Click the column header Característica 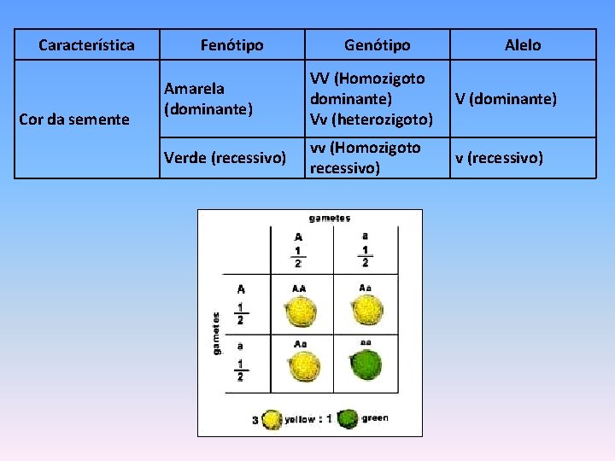87,45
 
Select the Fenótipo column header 231,45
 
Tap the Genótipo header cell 377,45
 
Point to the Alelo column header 523,45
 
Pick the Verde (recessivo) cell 225,158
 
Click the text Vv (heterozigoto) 372,119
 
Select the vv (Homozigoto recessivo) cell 366,158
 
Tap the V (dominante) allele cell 506,99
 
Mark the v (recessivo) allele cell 499,158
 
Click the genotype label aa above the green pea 366,341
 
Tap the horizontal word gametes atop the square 330,219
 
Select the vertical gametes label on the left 216,333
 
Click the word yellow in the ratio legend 300,419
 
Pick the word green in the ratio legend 375,418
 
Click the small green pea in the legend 348,419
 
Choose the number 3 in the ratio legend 255,419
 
